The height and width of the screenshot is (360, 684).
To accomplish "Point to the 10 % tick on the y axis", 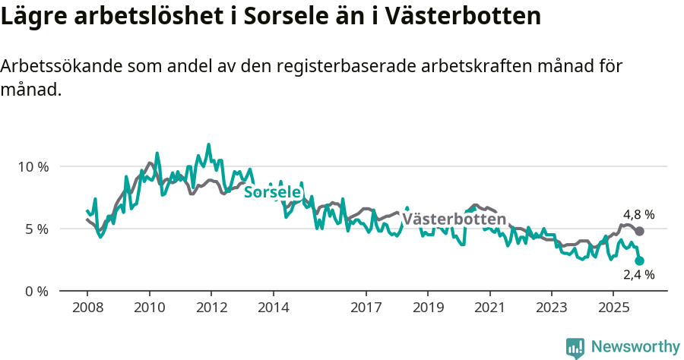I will pos(33,166).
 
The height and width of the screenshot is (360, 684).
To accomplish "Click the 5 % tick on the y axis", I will pos(36,229).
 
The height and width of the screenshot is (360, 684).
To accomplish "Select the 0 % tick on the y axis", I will pos(36,291).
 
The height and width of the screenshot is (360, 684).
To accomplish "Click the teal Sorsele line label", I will pos(272,192).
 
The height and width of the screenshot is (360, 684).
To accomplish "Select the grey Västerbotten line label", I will pos(454,219).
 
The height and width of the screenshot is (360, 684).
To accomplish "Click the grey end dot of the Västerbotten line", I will pos(639,231).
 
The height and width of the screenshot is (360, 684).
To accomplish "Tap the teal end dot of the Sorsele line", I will pos(639,261).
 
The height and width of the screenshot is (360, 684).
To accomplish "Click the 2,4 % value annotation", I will pos(638,275).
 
